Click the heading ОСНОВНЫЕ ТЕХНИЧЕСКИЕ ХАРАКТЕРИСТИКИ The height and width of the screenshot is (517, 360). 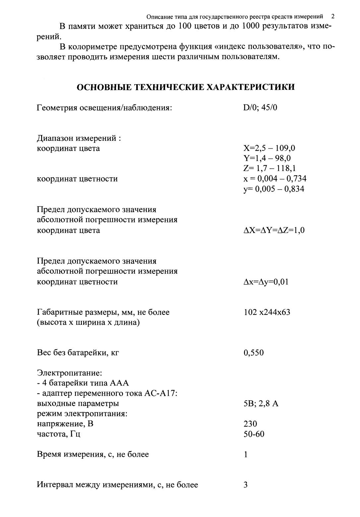[186, 87]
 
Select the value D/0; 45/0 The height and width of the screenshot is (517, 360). [260, 108]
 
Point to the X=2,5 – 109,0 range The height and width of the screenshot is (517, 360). [269, 148]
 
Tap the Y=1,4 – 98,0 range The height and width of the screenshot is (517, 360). [267, 158]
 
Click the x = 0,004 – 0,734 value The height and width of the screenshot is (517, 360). [275, 179]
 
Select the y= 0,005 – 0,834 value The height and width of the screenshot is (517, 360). [273, 189]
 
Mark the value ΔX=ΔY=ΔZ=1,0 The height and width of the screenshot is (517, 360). [274, 230]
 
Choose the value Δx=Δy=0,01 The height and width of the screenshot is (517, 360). [266, 282]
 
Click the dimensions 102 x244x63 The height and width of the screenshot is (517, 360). [267, 312]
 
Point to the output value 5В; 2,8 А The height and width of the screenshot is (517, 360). [261, 404]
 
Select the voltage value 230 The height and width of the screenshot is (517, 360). [250, 424]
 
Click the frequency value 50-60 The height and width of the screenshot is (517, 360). [254, 434]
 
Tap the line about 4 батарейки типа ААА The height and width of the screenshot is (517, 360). [83, 383]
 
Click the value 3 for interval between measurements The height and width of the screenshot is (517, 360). [246, 485]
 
